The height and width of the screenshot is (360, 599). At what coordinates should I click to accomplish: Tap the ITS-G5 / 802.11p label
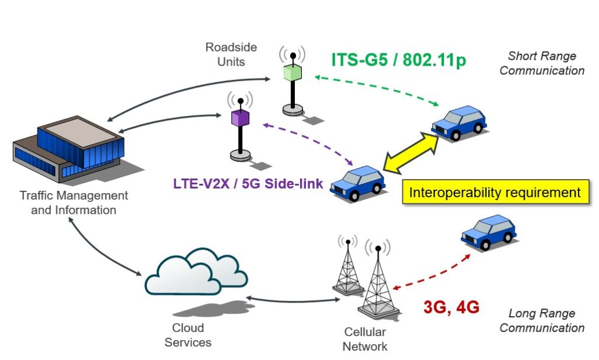(x=398, y=60)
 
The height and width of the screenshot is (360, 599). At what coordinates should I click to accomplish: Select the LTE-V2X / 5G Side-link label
(x=248, y=183)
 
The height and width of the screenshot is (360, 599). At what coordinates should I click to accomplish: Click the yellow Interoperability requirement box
(x=494, y=193)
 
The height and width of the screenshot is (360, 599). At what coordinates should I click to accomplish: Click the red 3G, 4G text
(x=451, y=307)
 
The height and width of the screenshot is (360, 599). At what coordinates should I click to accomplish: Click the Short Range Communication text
(x=542, y=63)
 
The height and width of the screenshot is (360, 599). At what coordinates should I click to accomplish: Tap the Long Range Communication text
(x=542, y=321)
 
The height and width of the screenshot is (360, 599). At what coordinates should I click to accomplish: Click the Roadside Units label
(x=231, y=53)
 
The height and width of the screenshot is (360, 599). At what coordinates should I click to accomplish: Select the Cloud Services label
(x=188, y=335)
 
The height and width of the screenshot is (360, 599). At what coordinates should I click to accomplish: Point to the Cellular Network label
(x=364, y=339)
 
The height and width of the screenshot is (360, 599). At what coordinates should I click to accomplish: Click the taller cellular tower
(x=377, y=281)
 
